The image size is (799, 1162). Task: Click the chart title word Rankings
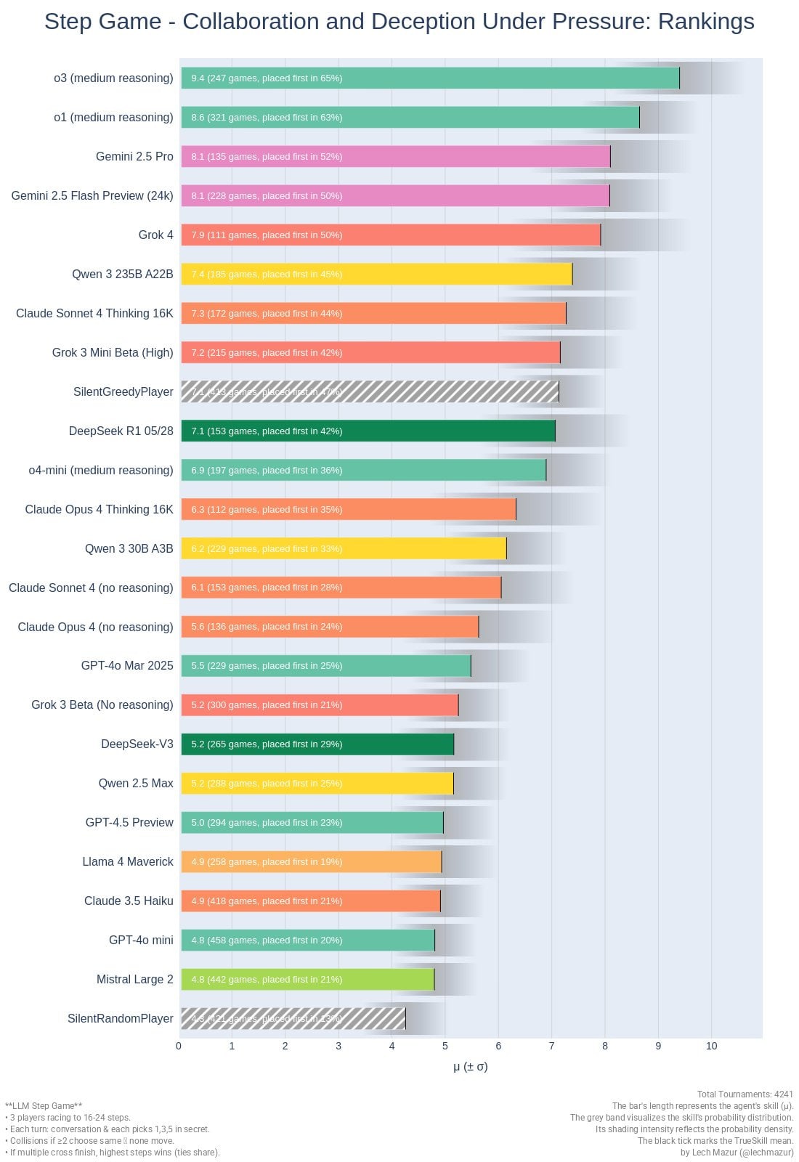(705, 22)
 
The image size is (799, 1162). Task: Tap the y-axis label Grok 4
(156, 235)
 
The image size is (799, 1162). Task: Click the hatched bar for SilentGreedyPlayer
(370, 392)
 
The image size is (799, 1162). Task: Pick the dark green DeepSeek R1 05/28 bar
(368, 431)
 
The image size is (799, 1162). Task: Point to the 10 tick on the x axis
(711, 1046)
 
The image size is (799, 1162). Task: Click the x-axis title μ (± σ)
(470, 1067)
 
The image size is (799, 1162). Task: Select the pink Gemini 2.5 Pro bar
(395, 157)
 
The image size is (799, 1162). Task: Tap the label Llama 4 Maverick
(128, 862)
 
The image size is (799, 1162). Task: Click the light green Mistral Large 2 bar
(307, 980)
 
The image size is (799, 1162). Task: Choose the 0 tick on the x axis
(179, 1046)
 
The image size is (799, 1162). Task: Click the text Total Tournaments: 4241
(745, 1094)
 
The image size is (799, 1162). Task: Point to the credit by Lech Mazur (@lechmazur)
(737, 1153)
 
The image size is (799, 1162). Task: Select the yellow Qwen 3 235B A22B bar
(376, 275)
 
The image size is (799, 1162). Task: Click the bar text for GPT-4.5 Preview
(267, 823)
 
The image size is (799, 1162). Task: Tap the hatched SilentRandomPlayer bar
(293, 1019)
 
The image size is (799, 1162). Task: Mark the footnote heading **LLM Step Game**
(44, 1106)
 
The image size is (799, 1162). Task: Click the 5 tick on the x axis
(445, 1046)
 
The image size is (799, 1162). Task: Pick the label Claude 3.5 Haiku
(129, 901)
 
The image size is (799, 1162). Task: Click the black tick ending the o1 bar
(639, 118)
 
